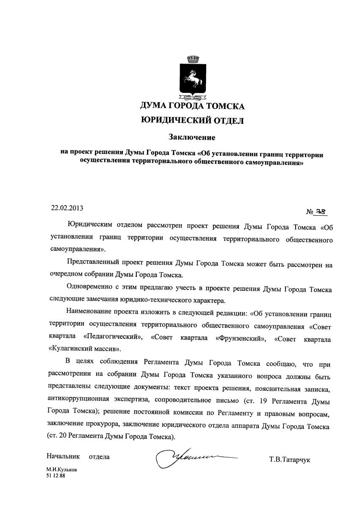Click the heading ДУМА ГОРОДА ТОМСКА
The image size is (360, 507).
(x=192, y=106)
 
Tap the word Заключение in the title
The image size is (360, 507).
(x=192, y=137)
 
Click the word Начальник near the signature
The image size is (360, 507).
(x=63, y=457)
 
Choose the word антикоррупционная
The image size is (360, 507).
(x=79, y=399)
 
